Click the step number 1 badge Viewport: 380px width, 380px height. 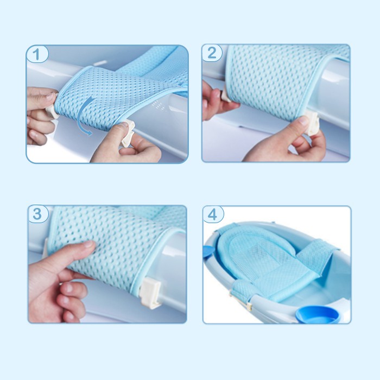pos(37,54)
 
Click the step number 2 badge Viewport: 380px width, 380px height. pos(212,53)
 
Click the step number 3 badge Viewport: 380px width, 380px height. pos(38,214)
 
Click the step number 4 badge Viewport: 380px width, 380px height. pos(213,214)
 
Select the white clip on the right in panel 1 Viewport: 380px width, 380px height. pos(128,132)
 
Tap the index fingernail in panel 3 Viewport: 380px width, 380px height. pos(88,244)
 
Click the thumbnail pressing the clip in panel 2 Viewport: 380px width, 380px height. pos(303,121)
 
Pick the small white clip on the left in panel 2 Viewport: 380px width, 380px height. pos(225,96)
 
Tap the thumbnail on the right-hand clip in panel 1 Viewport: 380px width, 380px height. pos(124,125)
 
